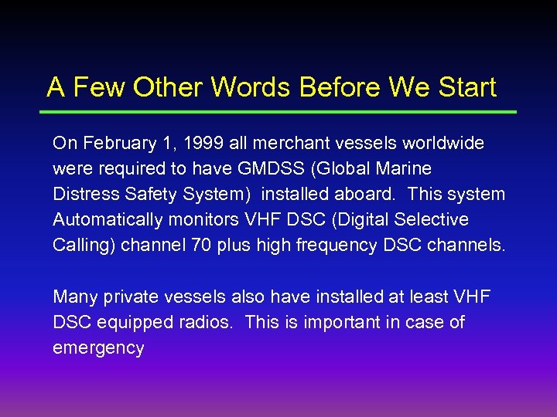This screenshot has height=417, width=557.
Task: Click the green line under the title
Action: click(x=278, y=113)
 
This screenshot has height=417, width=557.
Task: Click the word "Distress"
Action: click(x=84, y=195)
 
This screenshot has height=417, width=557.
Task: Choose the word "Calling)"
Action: click(x=84, y=246)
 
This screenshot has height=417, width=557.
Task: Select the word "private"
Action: click(x=125, y=297)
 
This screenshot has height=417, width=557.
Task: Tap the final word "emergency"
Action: click(x=98, y=348)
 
